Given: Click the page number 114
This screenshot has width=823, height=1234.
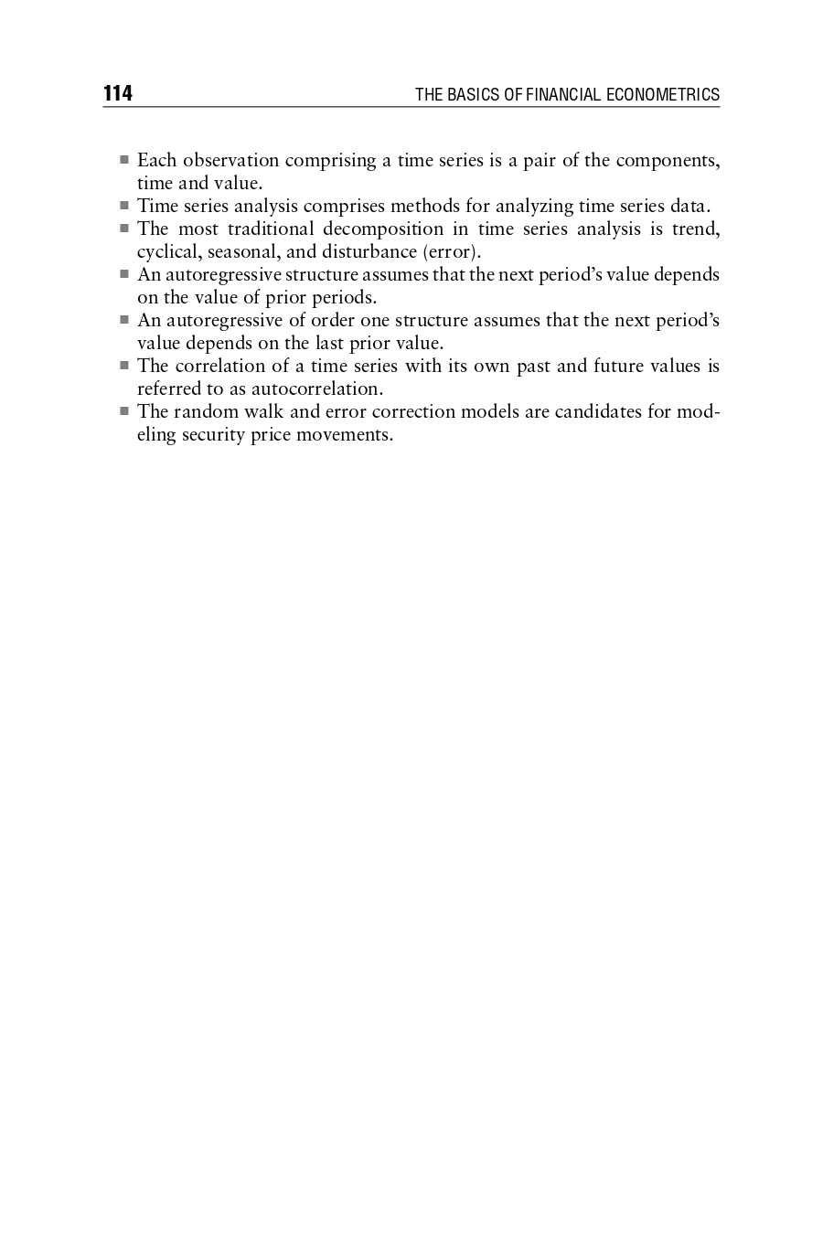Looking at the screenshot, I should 118,94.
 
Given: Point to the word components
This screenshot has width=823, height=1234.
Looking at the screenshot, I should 667,161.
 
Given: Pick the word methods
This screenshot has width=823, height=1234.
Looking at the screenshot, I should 425,207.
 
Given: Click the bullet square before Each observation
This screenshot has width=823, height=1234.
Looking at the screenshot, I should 124,160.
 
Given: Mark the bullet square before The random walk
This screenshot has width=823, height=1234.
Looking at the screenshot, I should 124,411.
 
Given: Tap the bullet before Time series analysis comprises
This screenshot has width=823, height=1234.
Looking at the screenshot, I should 124,206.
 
